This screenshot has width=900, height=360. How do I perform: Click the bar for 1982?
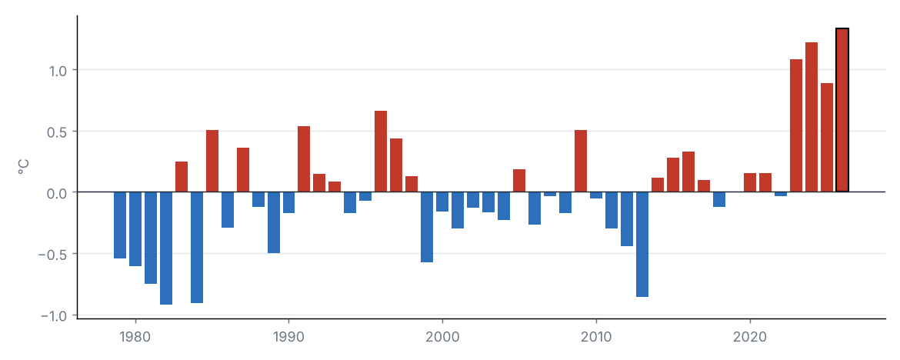click(x=166, y=248)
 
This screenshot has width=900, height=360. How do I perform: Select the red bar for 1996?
click(x=381, y=152)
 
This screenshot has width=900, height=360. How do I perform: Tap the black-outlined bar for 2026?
click(x=842, y=110)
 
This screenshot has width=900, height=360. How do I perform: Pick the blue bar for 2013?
click(x=642, y=244)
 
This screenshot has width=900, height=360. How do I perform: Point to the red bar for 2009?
click(x=581, y=162)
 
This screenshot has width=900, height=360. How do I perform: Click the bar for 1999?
click(x=427, y=227)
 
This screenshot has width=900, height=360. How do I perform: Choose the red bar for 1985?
click(x=212, y=162)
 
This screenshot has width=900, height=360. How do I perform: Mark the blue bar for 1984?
click(x=197, y=247)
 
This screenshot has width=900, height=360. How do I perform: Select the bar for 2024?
click(x=812, y=117)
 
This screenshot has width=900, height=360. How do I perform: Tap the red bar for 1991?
click(x=304, y=159)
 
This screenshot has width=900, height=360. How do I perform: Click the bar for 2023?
click(x=796, y=125)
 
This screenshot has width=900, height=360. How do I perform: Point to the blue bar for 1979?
click(x=120, y=225)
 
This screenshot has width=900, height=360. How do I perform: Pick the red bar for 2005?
click(x=519, y=181)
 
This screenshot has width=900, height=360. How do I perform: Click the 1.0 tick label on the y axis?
click(x=58, y=70)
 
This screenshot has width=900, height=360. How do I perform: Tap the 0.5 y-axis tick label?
click(x=58, y=132)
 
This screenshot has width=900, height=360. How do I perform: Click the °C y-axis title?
click(x=24, y=167)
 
